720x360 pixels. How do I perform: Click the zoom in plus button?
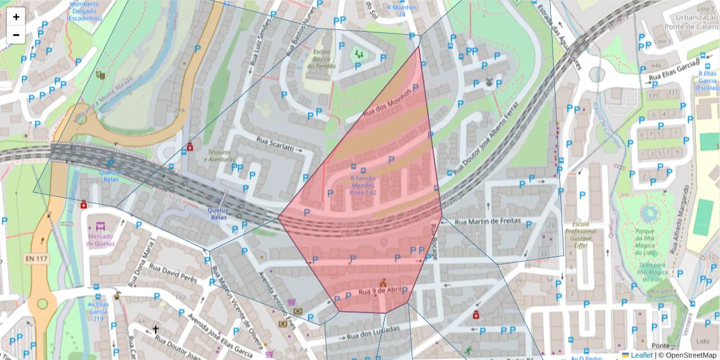[16, 17]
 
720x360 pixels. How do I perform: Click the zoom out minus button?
[16, 35]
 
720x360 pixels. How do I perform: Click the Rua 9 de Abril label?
[379, 292]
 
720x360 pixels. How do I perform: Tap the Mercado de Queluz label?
[100, 239]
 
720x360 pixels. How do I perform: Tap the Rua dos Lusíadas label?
[373, 330]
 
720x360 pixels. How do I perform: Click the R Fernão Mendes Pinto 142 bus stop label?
[363, 185]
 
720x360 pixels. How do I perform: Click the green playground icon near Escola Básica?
[359, 55]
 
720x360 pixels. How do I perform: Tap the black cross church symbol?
[155, 329]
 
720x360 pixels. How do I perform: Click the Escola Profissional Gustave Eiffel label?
[580, 238]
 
